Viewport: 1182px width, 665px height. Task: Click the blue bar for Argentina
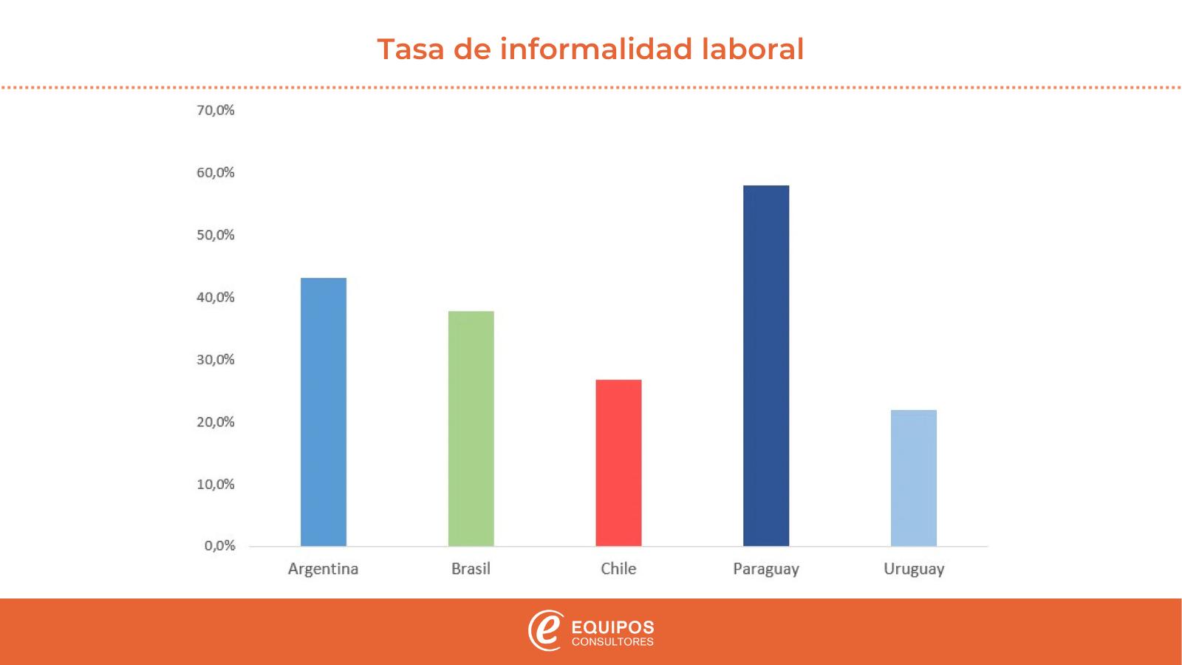[323, 412]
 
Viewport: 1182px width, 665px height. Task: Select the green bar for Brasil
[471, 429]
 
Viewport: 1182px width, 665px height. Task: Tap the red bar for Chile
[618, 463]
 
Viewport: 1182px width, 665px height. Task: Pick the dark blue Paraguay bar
[766, 366]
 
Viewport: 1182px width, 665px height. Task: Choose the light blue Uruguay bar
[914, 478]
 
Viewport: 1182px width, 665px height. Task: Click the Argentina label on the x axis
[323, 569]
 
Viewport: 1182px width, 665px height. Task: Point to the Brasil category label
[471, 569]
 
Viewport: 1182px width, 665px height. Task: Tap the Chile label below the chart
[618, 569]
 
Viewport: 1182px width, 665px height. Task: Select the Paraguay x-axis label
[766, 569]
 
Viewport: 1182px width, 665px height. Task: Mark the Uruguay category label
[914, 569]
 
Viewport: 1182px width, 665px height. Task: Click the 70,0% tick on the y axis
[215, 110]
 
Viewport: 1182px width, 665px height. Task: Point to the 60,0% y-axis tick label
[215, 173]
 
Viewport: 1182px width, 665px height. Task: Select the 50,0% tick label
[215, 235]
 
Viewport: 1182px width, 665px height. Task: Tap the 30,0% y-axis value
[215, 360]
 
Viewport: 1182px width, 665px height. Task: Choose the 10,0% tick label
[215, 485]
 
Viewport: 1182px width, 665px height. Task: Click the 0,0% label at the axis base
[219, 546]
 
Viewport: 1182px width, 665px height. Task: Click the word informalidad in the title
[596, 49]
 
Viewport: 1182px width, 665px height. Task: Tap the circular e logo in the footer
[545, 630]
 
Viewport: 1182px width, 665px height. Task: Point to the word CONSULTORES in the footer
[612, 642]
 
